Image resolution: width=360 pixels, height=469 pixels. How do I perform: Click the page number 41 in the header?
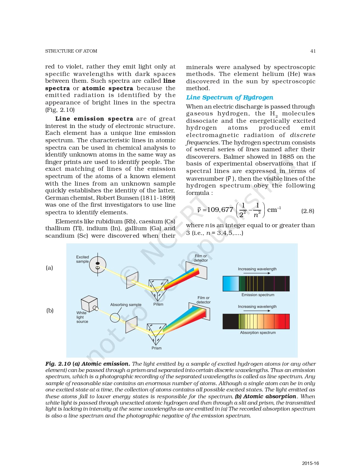click(x=313, y=51)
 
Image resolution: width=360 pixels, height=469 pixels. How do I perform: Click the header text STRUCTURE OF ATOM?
click(x=71, y=51)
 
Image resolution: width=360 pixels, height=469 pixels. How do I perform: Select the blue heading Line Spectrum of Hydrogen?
click(x=229, y=97)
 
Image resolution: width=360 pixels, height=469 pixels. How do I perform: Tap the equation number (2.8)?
click(x=308, y=211)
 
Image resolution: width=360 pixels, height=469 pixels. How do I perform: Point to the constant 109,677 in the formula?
click(x=220, y=210)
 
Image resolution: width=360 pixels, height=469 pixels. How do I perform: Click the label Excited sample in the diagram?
click(x=82, y=259)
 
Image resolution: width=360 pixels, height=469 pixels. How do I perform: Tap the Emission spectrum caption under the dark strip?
click(x=258, y=295)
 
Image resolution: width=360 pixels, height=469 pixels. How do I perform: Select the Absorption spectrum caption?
click(x=258, y=332)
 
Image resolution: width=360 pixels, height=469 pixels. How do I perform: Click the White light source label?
click(x=82, y=317)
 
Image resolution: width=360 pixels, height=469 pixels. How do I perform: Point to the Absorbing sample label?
click(x=126, y=305)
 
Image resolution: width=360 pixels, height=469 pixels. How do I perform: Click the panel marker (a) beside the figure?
click(x=49, y=268)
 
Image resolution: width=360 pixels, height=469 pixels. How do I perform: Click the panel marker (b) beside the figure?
click(x=50, y=310)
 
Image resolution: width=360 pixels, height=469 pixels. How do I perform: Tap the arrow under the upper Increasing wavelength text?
click(x=257, y=273)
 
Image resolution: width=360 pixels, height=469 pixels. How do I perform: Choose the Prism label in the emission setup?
click(x=158, y=304)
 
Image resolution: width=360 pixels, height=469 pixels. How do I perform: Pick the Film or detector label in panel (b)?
click(x=203, y=300)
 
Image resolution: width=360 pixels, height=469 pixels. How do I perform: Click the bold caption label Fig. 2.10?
click(x=58, y=364)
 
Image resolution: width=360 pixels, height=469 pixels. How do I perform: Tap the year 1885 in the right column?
click(x=287, y=157)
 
